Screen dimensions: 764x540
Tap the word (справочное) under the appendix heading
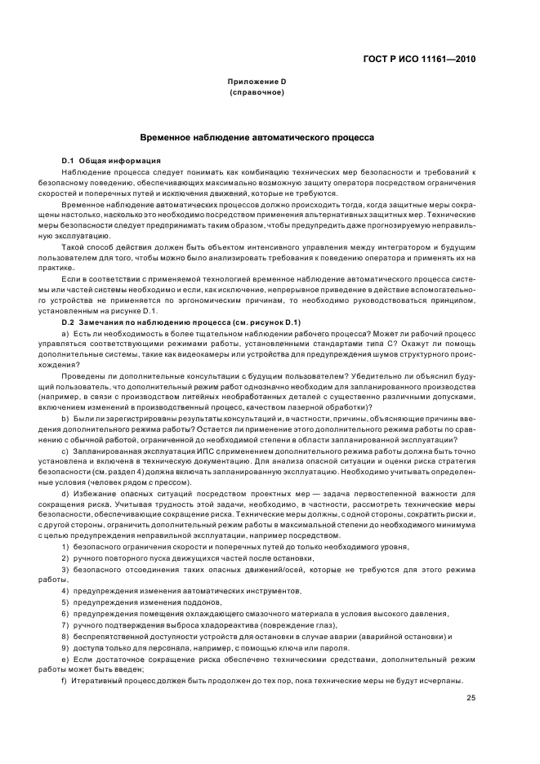[257, 93]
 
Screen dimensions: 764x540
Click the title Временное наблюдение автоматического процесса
[257, 138]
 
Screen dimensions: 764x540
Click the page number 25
[471, 696]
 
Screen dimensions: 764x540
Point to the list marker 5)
[65, 602]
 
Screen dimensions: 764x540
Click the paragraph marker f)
[65, 680]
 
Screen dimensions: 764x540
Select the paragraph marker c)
[65, 451]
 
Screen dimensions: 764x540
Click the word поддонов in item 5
[193, 602]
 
